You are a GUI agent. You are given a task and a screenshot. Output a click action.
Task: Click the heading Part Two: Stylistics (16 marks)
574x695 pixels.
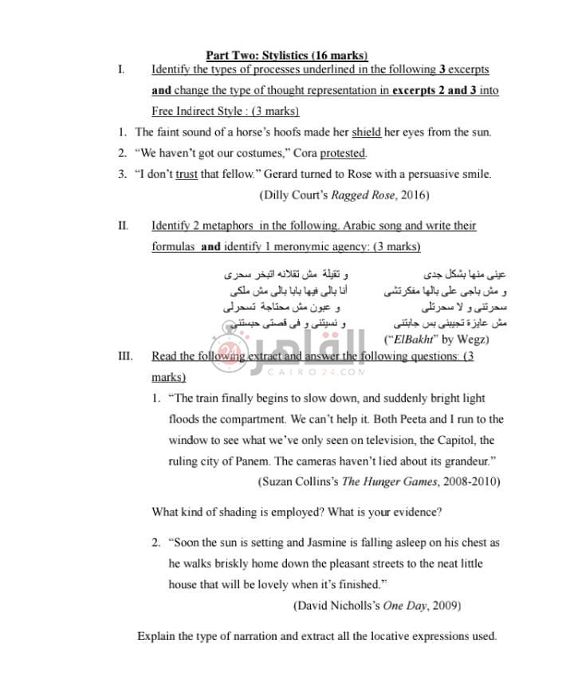287,55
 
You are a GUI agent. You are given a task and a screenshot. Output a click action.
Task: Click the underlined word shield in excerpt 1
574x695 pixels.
367,132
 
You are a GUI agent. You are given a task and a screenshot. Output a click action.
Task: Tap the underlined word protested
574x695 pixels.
343,153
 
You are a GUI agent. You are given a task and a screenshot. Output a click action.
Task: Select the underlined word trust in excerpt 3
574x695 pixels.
187,174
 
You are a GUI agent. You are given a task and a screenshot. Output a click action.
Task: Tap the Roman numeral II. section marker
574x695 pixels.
123,226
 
